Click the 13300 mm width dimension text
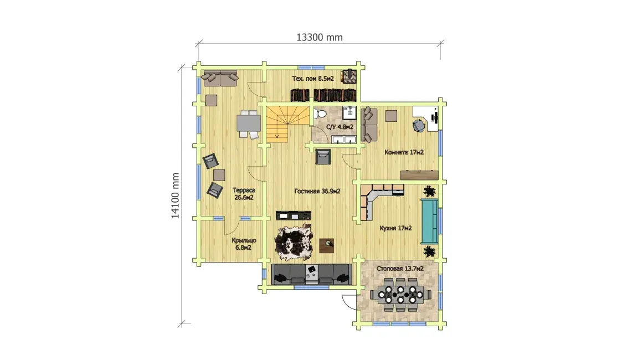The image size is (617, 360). pos(319,37)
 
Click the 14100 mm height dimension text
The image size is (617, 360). pos(175,196)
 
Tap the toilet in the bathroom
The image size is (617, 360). pos(320,114)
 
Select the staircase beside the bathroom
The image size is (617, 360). pos(287,124)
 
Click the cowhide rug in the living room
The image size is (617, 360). pos(294,242)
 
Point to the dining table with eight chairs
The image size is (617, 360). pos(400,294)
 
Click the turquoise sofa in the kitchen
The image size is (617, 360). pos(429,222)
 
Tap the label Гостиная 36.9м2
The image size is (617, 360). pos(317,191)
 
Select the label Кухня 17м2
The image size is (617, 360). pos(395,228)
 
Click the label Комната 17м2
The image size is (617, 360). pos(404,152)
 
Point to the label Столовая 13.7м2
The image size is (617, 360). pos(400,268)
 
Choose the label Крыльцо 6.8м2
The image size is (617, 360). pos(244,244)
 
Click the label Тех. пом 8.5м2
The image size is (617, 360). pos(313,79)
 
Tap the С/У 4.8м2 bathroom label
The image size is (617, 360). pos(340,127)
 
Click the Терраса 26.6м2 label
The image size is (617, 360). pos(244,194)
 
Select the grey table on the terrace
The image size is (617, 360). pos(248,123)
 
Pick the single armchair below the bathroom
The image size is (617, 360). pos(323,156)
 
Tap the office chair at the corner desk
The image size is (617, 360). pos(419,126)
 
